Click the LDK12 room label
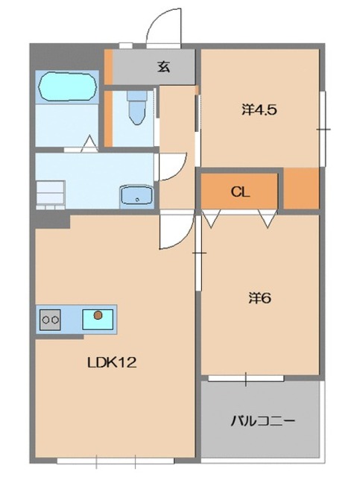tap(112, 363)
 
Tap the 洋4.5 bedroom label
tap(259, 110)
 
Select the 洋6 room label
tap(259, 298)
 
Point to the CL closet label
tap(241, 192)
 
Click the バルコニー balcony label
tap(262, 421)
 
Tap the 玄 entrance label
tap(164, 66)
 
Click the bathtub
tap(68, 86)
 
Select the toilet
tap(137, 107)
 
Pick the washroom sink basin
tap(136, 195)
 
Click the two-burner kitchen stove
tap(50, 320)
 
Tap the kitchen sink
tap(98, 320)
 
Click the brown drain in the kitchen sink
tap(98, 315)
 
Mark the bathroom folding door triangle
tap(89, 144)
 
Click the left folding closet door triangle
tap(212, 218)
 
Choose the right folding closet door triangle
tap(268, 218)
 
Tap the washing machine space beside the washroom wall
tap(51, 195)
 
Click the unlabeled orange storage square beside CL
tap(302, 189)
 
